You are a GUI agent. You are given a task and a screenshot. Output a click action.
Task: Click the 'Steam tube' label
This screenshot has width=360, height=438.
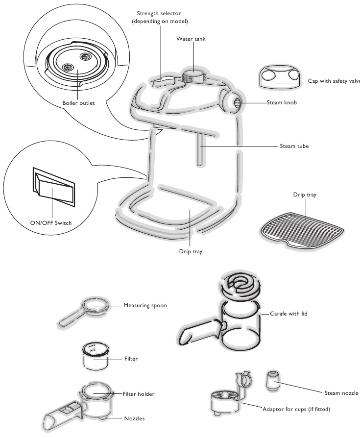tap(294, 146)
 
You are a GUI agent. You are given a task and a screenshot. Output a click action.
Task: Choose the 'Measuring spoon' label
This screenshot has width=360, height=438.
tap(145, 305)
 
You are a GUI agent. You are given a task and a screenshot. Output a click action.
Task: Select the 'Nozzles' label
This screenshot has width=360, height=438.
tap(134, 418)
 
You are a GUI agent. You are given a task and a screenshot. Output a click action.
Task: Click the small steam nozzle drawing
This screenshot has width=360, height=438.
tap(272, 379)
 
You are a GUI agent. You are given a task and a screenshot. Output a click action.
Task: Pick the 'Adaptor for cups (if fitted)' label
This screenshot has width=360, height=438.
tap(297, 409)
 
